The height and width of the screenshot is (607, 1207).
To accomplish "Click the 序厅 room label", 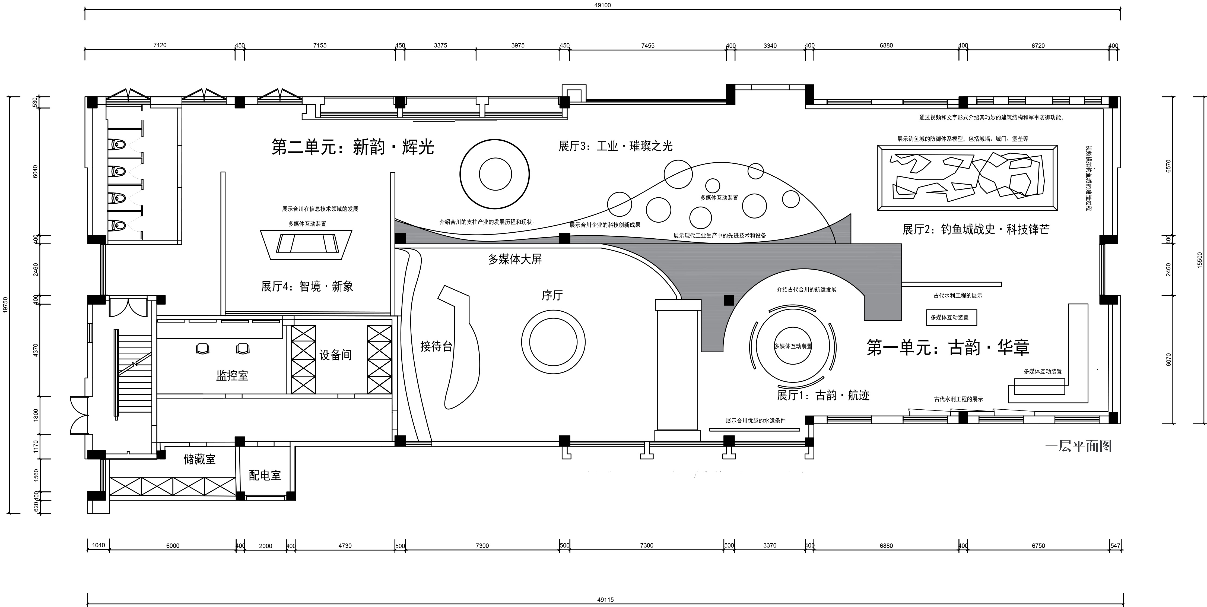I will [x=552, y=295].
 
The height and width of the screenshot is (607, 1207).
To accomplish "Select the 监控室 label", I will [x=232, y=375].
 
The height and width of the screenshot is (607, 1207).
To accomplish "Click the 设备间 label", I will [x=335, y=355].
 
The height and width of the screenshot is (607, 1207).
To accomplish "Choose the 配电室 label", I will [x=265, y=475].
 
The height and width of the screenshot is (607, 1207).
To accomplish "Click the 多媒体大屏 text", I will [x=515, y=259].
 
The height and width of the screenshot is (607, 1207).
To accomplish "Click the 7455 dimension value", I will [x=647, y=45].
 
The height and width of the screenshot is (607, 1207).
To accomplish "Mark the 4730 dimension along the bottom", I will [x=345, y=546].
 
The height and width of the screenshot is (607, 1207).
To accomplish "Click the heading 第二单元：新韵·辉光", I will [x=353, y=147].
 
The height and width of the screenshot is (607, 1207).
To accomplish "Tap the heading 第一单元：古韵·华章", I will [x=948, y=347].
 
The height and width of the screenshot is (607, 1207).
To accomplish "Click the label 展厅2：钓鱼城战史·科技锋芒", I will [x=976, y=229].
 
